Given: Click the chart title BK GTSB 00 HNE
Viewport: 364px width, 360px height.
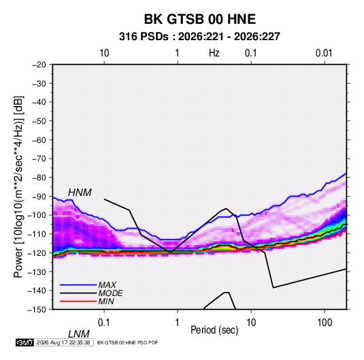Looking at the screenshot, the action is [x=200, y=19].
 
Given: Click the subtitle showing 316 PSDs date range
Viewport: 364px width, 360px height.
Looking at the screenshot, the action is [x=199, y=37].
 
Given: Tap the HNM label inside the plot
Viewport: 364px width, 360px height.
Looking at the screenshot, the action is [x=80, y=193].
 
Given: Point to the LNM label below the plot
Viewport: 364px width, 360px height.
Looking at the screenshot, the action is [x=79, y=334].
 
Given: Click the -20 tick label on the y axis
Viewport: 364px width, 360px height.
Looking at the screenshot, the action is [x=39, y=65].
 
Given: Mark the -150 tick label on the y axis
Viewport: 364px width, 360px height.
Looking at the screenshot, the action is [x=37, y=310].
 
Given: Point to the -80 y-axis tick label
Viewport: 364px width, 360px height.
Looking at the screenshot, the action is [x=39, y=178].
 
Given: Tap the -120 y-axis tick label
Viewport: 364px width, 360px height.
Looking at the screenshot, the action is [x=37, y=253].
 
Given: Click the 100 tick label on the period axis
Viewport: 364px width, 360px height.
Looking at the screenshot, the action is [x=325, y=323].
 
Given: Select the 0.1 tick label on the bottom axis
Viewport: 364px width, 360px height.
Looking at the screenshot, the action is [x=104, y=323].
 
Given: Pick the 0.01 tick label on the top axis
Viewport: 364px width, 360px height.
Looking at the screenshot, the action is [x=324, y=53].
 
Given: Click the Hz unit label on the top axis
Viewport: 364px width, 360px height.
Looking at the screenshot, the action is [x=214, y=53].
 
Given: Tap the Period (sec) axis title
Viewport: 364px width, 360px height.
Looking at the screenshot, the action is [x=214, y=330].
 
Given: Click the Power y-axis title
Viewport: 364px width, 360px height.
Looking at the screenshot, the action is [x=18, y=186].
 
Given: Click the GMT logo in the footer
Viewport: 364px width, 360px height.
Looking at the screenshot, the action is [x=24, y=342].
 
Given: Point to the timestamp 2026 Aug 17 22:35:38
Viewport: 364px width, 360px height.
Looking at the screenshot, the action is [x=63, y=342].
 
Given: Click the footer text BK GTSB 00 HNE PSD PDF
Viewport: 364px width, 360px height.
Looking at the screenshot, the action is [x=127, y=342].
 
